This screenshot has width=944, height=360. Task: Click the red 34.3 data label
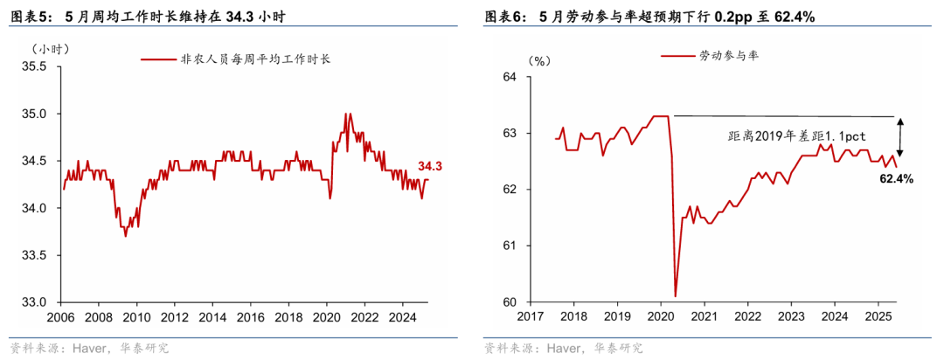(x=429, y=166)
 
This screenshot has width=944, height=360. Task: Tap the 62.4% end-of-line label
(x=896, y=179)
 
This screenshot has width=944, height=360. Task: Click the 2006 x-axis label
(x=59, y=316)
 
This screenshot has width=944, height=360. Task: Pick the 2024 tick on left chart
(x=401, y=316)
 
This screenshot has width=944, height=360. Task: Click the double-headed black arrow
(x=899, y=136)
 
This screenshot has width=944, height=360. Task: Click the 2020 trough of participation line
(x=676, y=295)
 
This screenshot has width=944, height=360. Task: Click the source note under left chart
(x=87, y=348)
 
